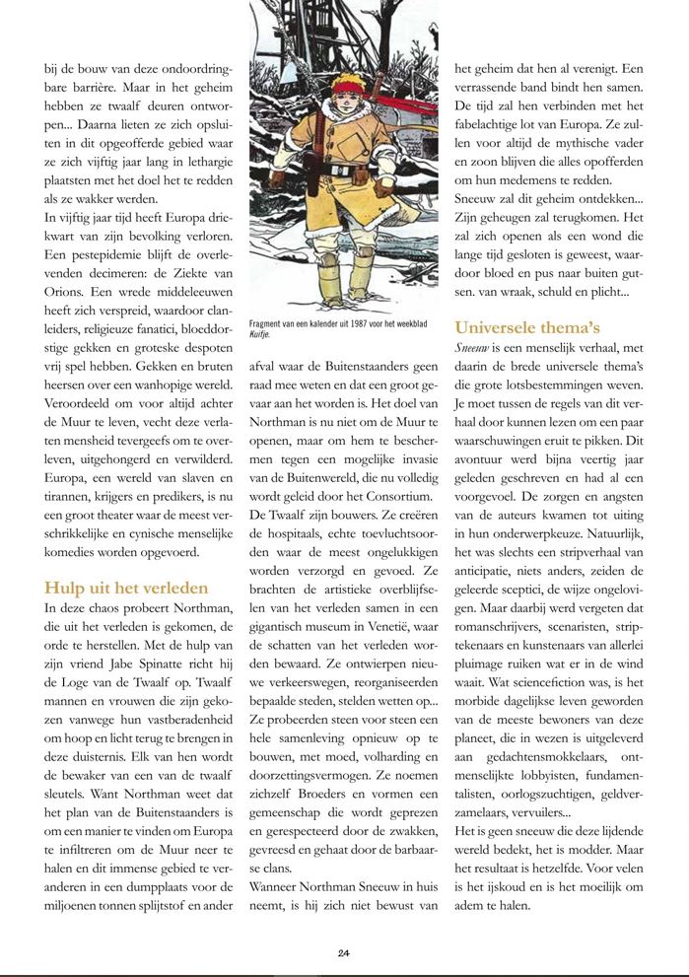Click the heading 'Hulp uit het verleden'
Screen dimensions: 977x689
[126, 589]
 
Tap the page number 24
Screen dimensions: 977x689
[344, 952]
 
